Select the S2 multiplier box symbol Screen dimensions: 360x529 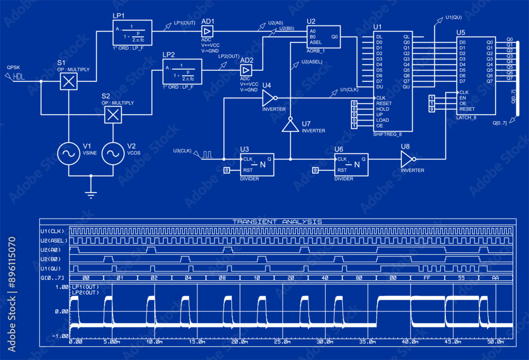pyautogui.click(x=113, y=114)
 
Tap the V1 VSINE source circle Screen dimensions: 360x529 pyautogui.click(x=68, y=153)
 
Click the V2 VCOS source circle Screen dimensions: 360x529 pyautogui.click(x=113, y=153)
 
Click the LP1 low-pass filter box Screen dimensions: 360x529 pyautogui.click(x=133, y=34)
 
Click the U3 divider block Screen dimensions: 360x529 pyautogui.click(x=257, y=165)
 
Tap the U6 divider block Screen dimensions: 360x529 pyautogui.click(x=351, y=165)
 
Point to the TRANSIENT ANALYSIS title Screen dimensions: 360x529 pyautogui.click(x=277, y=221)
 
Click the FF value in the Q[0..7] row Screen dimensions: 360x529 pyautogui.click(x=426, y=278)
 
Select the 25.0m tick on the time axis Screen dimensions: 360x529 pyautogui.click(x=281, y=342)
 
